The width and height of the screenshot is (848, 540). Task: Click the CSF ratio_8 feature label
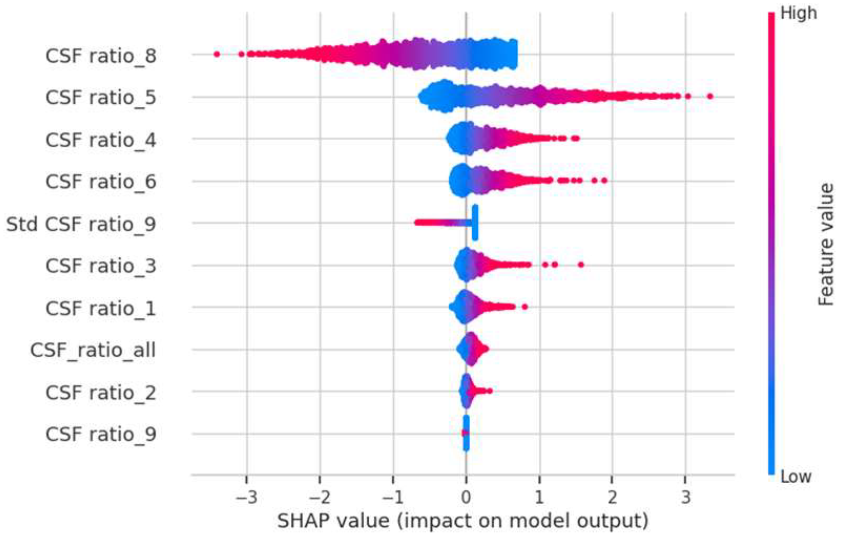[x=101, y=56]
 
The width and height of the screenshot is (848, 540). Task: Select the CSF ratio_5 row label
[x=101, y=98]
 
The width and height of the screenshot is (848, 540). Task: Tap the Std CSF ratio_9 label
[x=81, y=224]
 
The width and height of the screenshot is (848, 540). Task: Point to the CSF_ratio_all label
[x=93, y=350]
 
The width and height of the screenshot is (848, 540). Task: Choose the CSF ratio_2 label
[x=101, y=392]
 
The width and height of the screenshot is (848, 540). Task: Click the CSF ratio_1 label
[x=101, y=308]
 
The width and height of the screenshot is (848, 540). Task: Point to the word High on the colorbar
[x=799, y=13]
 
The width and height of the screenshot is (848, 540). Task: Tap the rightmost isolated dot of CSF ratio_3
[x=581, y=265]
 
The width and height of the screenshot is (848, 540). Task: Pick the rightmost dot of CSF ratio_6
[x=604, y=181]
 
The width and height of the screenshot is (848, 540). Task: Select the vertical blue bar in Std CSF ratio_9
[x=475, y=223]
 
